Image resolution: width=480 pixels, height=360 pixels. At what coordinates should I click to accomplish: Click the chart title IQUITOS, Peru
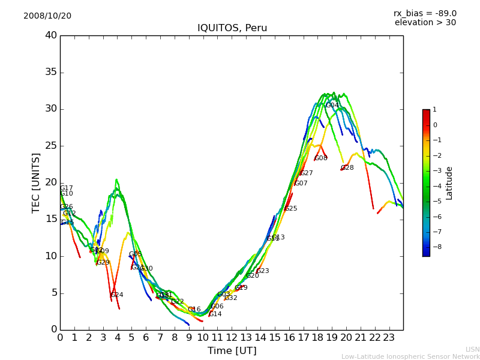pyautogui.click(x=232, y=28)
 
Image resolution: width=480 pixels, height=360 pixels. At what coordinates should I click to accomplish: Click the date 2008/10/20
pyautogui.click(x=47, y=16)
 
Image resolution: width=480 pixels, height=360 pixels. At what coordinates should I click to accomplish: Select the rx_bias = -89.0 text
pyautogui.click(x=425, y=13)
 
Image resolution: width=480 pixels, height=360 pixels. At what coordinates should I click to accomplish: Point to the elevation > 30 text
pyautogui.click(x=425, y=23)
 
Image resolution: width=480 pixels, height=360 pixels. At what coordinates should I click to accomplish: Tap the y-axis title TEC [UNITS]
pyautogui.click(x=37, y=182)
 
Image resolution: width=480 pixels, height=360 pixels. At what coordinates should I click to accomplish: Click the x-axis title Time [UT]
pyautogui.click(x=232, y=351)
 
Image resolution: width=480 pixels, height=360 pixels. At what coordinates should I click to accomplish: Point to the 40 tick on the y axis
pyautogui.click(x=51, y=35)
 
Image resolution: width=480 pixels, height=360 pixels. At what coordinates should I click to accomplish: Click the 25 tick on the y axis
pyautogui.click(x=51, y=146)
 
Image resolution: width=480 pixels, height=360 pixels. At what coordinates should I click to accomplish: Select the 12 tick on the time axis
pyautogui.click(x=232, y=337)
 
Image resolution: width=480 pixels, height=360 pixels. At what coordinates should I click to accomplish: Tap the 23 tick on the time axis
pyautogui.click(x=389, y=337)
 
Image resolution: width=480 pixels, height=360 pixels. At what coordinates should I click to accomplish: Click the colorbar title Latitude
pyautogui.click(x=449, y=182)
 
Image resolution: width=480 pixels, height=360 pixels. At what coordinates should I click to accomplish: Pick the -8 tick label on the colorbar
pyautogui.click(x=435, y=247)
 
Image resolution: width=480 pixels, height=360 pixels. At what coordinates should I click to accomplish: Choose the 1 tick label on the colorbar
pyautogui.click(x=435, y=110)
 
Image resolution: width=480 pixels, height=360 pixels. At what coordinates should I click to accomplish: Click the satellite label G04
pyautogui.click(x=332, y=106)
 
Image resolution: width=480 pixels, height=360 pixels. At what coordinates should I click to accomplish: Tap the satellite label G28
pyautogui.click(x=347, y=168)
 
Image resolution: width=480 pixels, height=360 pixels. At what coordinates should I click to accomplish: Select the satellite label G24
pyautogui.click(x=117, y=295)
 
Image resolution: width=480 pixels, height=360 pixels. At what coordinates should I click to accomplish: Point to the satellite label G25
pyautogui.click(x=291, y=209)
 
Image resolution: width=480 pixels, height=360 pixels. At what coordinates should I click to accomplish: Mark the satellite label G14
pyautogui.click(x=215, y=314)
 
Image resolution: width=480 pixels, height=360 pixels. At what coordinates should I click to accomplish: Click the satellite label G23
pyautogui.click(x=263, y=271)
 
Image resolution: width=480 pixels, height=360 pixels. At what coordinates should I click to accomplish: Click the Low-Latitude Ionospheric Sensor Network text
pyautogui.click(x=410, y=356)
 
